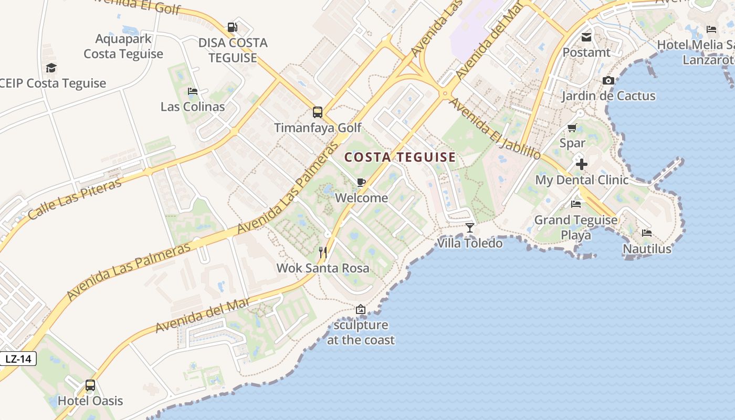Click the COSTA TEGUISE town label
(400, 157)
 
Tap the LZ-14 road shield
(18, 359)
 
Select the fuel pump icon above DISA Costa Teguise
(232, 27)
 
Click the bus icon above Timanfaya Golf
(317, 112)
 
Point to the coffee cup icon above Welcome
(361, 182)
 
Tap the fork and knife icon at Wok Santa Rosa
(323, 253)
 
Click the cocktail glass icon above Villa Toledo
(470, 227)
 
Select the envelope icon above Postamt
(586, 37)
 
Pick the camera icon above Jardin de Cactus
(608, 80)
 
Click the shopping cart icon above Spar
(572, 128)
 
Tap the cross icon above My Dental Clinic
(581, 164)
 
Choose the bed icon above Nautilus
(647, 233)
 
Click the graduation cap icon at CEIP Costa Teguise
(51, 68)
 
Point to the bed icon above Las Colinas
(192, 91)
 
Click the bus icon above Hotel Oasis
(90, 385)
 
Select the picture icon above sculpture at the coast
(360, 309)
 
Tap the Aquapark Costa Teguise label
(123, 46)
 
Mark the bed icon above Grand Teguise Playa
(576, 204)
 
